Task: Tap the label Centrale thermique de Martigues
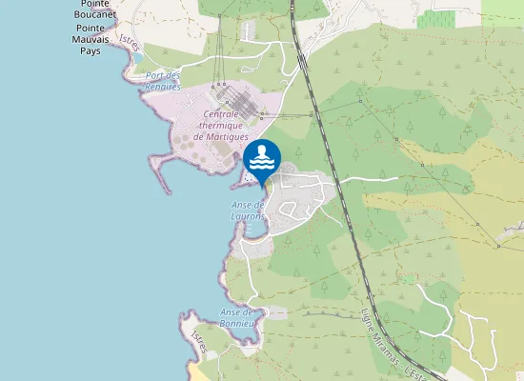(x=220, y=125)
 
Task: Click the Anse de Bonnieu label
(x=237, y=317)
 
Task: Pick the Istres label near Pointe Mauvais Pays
(x=128, y=43)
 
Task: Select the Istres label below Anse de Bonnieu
(x=198, y=338)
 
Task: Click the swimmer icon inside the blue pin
(x=262, y=154)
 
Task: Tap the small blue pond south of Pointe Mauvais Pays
(x=138, y=57)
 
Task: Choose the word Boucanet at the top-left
(x=98, y=14)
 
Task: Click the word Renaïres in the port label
(x=163, y=87)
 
